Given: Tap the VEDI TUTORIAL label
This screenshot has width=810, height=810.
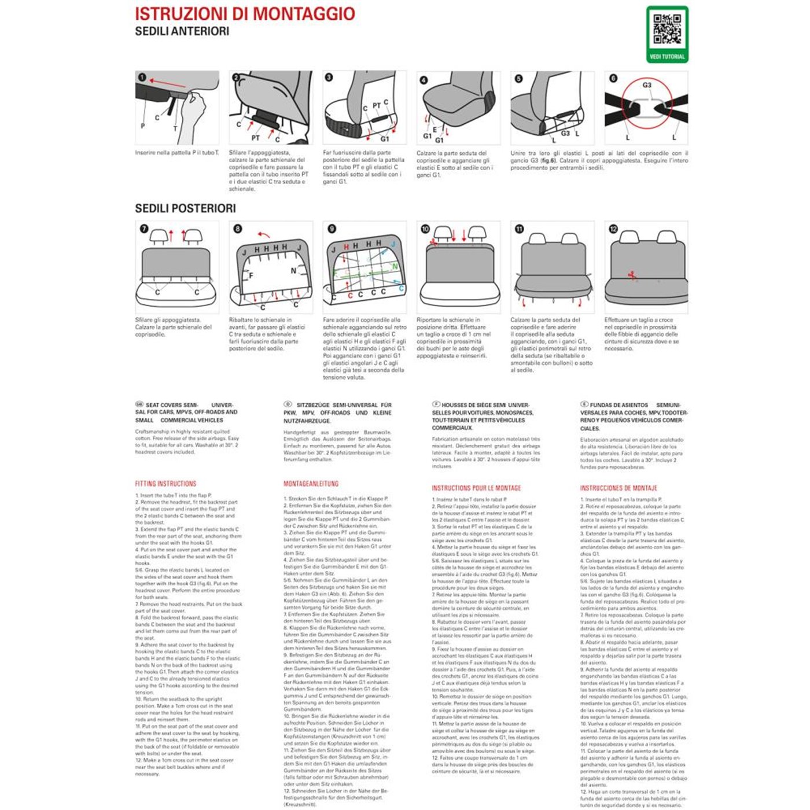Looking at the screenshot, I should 667,57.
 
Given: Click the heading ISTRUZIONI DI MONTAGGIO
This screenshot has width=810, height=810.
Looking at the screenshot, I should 245,14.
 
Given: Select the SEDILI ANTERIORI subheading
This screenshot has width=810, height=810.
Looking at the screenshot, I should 182,31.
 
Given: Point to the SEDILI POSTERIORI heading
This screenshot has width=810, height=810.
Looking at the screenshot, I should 185,208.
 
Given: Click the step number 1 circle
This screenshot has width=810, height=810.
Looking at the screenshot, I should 142,78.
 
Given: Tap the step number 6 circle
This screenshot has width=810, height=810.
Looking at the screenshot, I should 613,78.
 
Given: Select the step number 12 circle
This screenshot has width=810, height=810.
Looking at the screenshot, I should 613,229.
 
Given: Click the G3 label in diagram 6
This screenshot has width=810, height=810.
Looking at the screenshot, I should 647,85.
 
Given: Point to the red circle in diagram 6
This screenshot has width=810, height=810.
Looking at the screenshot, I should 647,104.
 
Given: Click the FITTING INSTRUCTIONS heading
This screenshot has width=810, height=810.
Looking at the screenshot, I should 165,484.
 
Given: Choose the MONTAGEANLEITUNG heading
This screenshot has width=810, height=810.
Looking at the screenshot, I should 311,484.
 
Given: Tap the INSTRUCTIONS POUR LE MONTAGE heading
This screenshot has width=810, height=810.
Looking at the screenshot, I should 476,488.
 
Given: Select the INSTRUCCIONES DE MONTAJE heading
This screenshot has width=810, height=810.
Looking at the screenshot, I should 618,488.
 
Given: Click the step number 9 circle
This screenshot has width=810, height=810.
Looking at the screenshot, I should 332,229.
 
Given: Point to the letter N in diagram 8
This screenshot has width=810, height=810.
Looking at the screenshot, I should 293,271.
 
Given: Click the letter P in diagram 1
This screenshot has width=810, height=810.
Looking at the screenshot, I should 143,126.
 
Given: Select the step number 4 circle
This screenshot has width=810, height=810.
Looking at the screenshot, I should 424,80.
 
